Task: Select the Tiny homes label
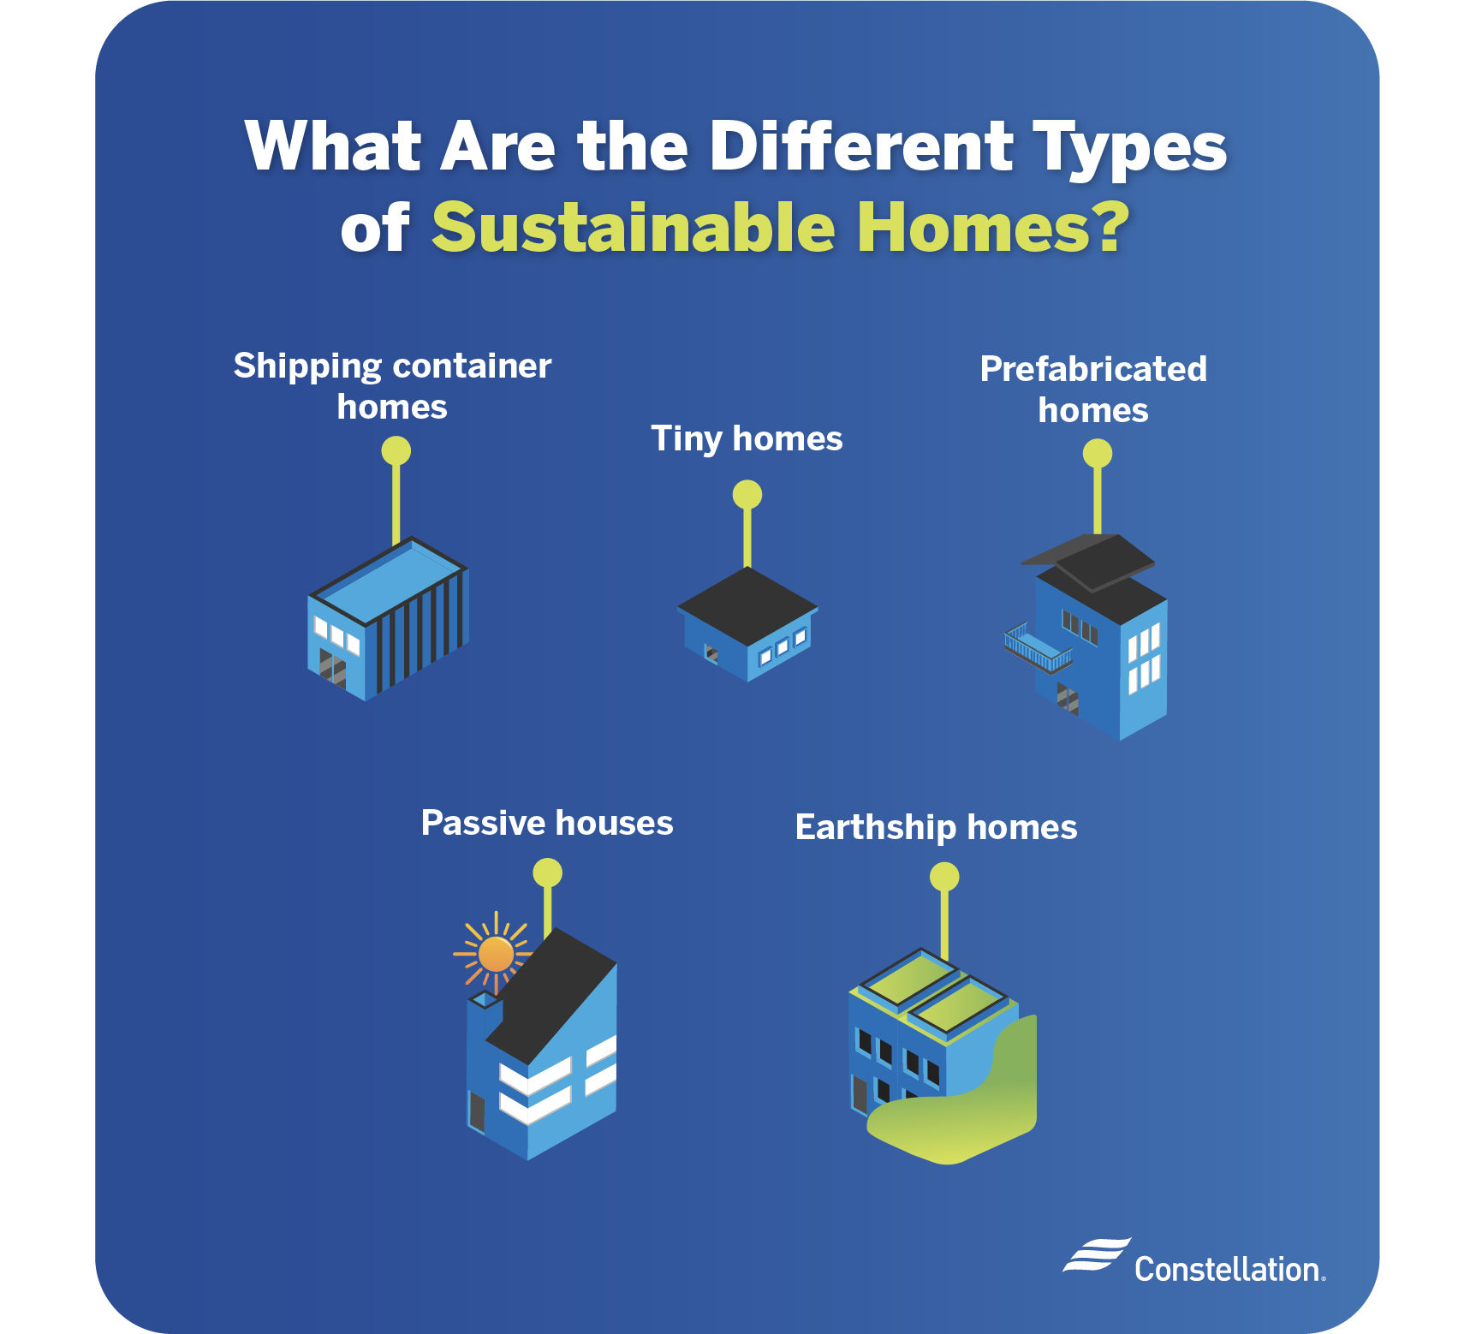(747, 438)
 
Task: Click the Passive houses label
(547, 823)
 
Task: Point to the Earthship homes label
(936, 827)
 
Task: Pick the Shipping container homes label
(392, 385)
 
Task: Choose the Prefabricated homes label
(1093, 390)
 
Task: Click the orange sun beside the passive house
(496, 954)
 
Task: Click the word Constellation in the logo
(1228, 1269)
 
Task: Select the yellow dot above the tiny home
(747, 494)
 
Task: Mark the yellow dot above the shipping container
(396, 450)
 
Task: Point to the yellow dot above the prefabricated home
(1098, 453)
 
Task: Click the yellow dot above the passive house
(548, 872)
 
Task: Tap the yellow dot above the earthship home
(944, 876)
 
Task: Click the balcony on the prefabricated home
(1036, 648)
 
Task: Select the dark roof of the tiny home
(747, 604)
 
